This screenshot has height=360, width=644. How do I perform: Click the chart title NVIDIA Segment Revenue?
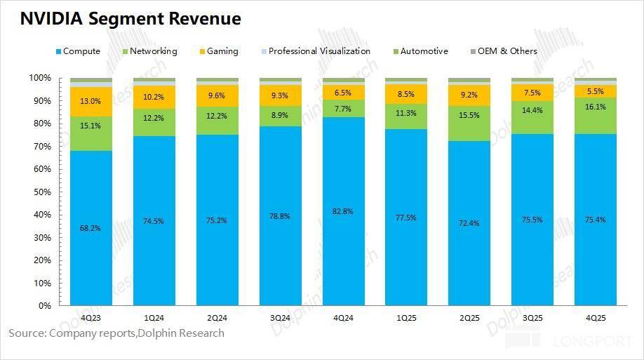130,19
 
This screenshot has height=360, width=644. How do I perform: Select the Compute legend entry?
81,51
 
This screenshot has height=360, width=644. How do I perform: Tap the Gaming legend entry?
222,51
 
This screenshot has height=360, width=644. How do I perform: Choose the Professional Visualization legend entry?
319,51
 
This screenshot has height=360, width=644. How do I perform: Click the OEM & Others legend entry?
507,51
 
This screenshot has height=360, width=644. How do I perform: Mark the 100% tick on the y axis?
40,78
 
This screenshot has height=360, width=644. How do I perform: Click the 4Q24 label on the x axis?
343,318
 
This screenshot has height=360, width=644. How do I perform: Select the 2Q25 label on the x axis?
469,318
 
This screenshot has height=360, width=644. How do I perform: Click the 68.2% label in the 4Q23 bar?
90,228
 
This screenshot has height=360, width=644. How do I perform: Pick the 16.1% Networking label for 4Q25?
596,107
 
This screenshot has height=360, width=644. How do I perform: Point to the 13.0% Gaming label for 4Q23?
90,100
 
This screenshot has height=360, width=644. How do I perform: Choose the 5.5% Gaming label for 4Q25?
596,91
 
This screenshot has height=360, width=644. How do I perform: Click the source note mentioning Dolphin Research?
116,333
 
